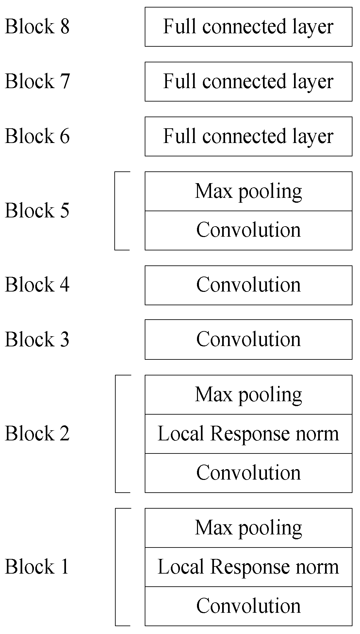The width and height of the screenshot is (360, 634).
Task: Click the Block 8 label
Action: point(37,26)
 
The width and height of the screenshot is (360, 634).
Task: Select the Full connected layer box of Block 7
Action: point(248,82)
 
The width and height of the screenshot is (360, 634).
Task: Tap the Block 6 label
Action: point(37,136)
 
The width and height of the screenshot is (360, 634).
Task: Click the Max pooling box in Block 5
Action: point(248,191)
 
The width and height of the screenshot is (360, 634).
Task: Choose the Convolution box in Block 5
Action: point(248,230)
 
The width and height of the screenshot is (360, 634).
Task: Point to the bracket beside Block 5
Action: point(116,211)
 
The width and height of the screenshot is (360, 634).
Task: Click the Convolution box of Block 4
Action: point(248,285)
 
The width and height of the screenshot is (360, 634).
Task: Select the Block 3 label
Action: point(37,339)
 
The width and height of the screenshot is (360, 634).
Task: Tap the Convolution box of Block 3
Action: point(248,340)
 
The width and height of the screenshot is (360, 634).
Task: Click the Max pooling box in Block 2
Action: point(248,395)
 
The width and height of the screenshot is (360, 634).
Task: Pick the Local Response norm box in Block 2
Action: point(248,434)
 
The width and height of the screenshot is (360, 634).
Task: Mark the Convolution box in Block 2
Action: point(248,473)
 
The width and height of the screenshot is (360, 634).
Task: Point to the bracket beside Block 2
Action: point(116,434)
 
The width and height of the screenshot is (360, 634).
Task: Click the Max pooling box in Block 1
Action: point(248,528)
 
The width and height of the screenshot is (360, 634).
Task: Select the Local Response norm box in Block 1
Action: point(248,567)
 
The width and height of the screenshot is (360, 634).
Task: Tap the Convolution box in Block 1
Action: point(248,606)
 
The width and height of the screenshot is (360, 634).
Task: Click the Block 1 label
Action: point(37,566)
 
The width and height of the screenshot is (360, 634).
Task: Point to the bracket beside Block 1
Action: point(116,567)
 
